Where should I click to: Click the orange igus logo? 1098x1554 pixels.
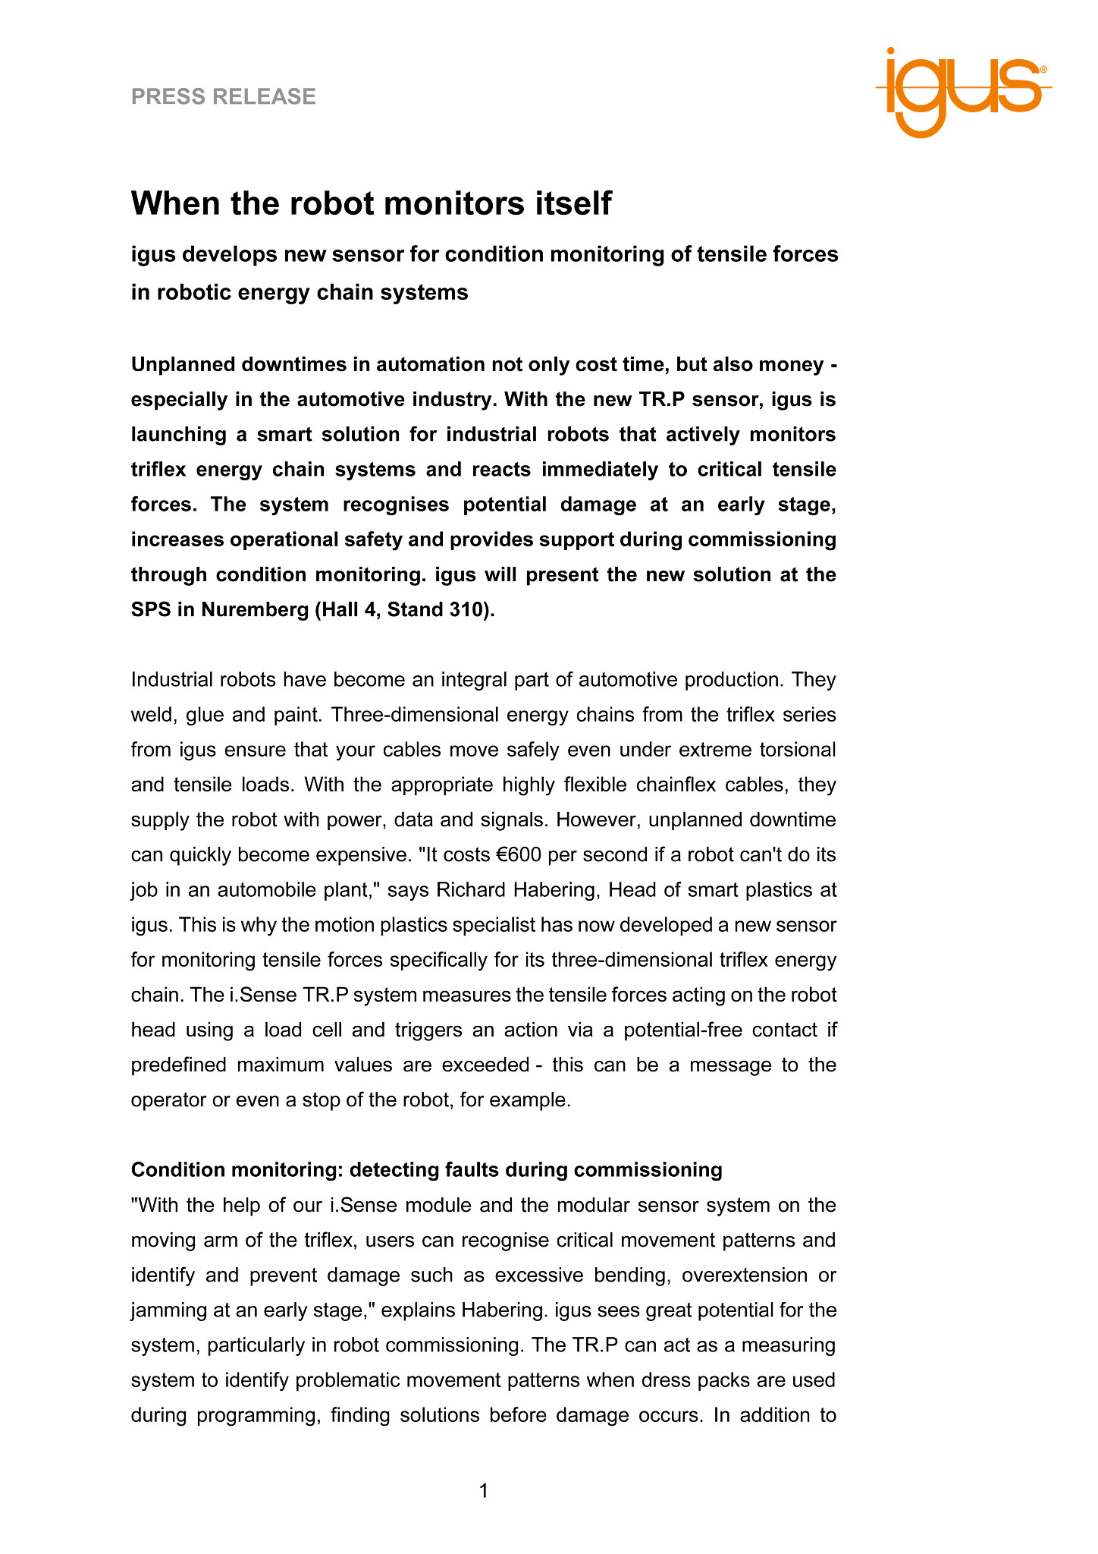[963, 91]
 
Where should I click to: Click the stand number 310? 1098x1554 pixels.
[463, 610]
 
